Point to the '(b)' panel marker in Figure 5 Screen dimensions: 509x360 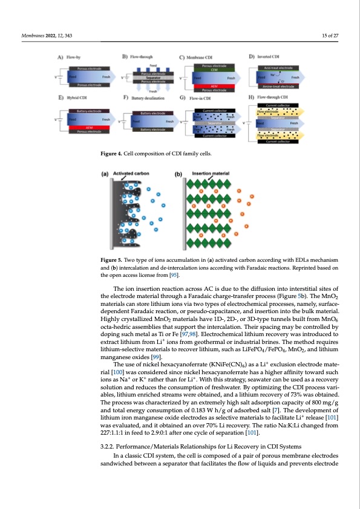[178, 174]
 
